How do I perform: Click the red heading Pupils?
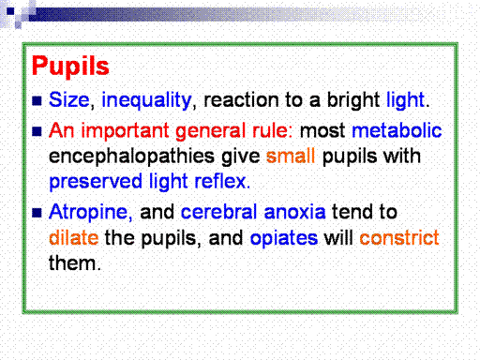click(x=70, y=67)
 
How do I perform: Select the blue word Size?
click(x=69, y=99)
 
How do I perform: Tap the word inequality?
click(x=146, y=101)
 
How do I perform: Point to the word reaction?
click(x=241, y=100)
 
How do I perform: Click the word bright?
click(x=353, y=101)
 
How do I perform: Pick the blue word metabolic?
click(x=397, y=130)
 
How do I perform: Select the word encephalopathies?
click(x=131, y=157)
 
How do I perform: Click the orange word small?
click(x=291, y=156)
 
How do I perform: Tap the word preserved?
click(x=96, y=182)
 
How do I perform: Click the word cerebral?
click(x=218, y=212)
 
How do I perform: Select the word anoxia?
click(x=294, y=212)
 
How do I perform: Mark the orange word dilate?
click(x=74, y=237)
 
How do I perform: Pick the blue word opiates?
click(x=284, y=238)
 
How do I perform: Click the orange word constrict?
click(x=399, y=238)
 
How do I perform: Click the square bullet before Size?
click(x=37, y=100)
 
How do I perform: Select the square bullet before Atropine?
click(x=37, y=213)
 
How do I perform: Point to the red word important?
click(x=126, y=131)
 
